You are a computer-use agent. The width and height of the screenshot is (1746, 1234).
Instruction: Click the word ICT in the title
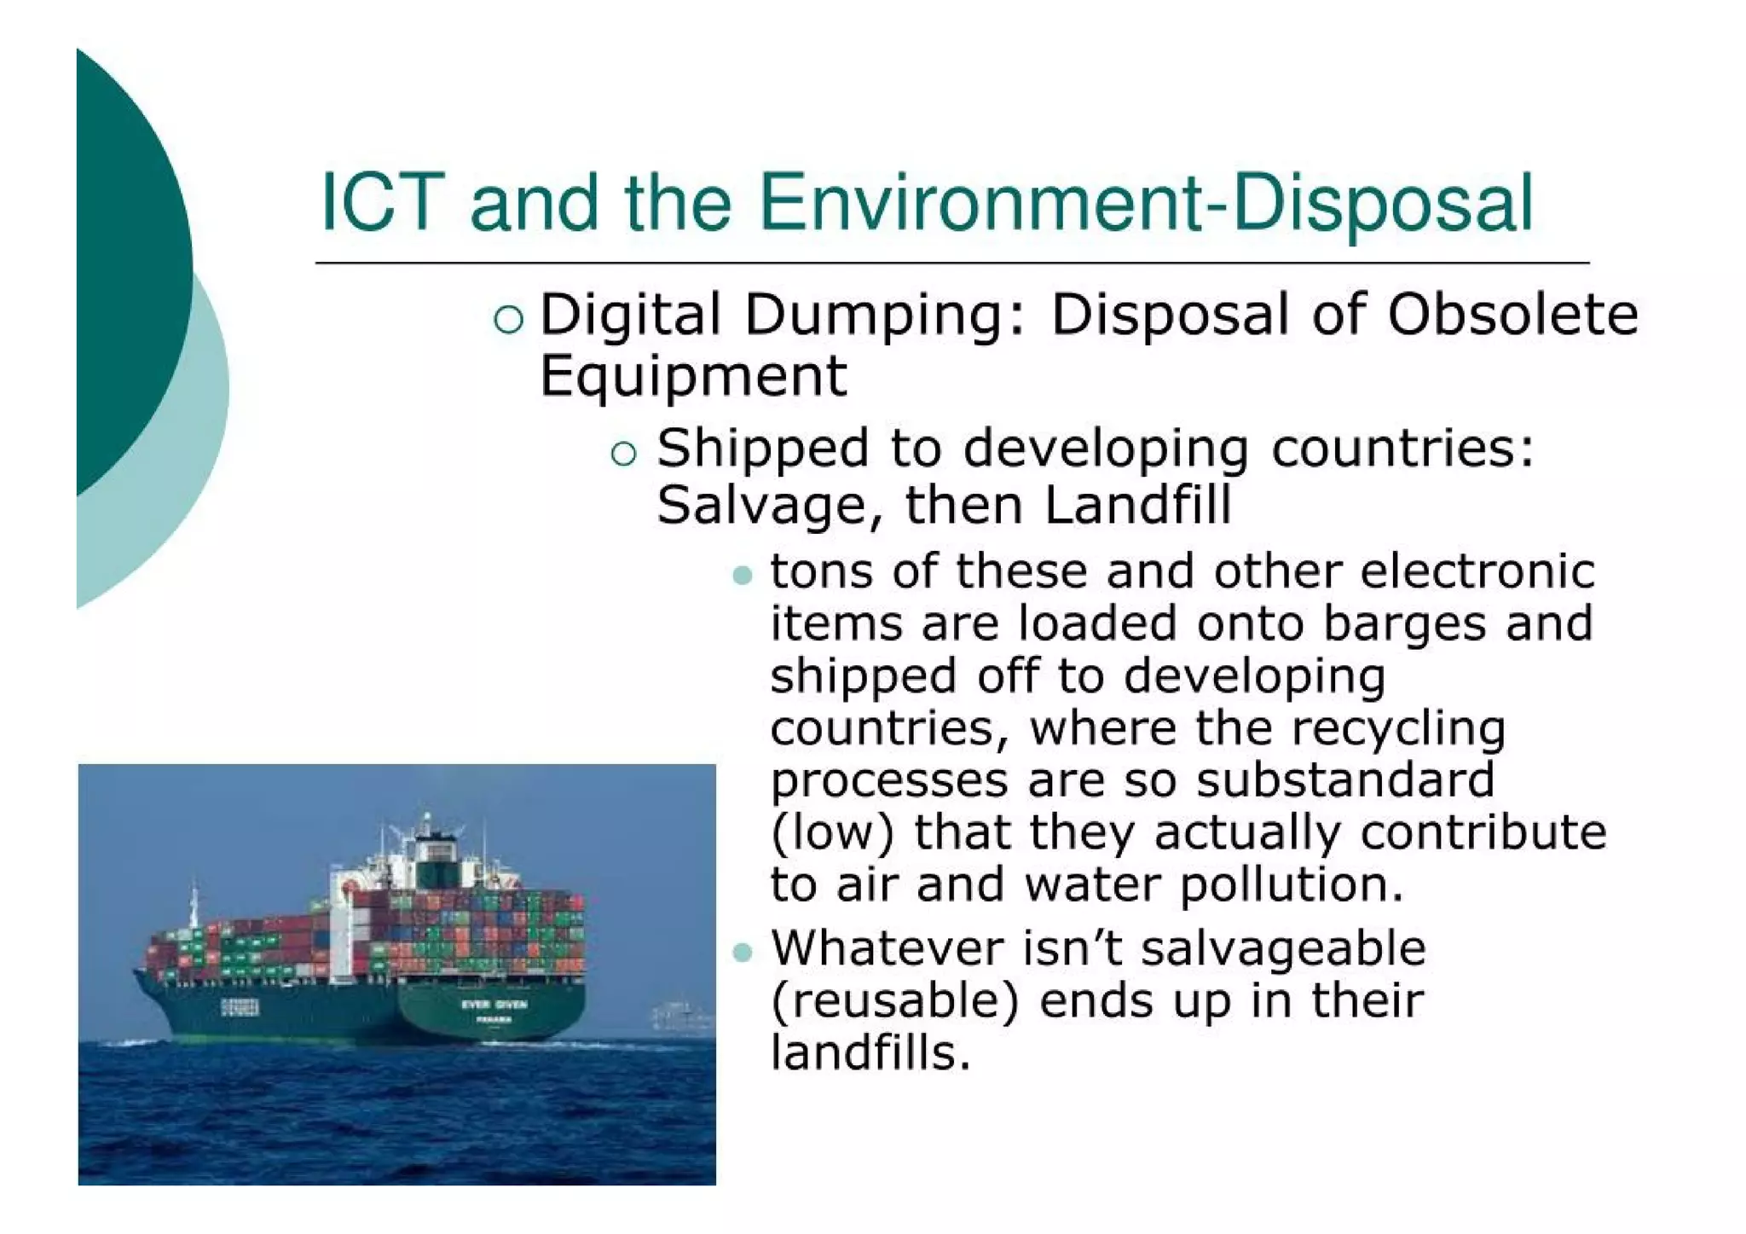(x=382, y=203)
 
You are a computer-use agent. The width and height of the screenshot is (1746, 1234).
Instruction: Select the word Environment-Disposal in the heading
(x=1145, y=205)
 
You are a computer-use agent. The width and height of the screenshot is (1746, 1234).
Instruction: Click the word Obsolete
(x=1512, y=314)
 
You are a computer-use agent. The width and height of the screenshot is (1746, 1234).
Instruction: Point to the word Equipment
(x=693, y=376)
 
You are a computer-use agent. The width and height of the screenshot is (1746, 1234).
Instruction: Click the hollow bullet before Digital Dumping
(x=508, y=319)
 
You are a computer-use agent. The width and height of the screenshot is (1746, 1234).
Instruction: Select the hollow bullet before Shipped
(x=624, y=453)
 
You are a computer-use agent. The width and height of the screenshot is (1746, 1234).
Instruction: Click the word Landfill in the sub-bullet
(x=1137, y=505)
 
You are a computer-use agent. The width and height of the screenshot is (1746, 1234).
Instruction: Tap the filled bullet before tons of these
(x=743, y=576)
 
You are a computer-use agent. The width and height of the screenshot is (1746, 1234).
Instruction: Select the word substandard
(x=1344, y=779)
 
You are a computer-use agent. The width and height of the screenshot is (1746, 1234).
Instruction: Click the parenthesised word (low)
(x=832, y=833)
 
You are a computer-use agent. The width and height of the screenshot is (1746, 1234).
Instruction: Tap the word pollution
(x=1290, y=885)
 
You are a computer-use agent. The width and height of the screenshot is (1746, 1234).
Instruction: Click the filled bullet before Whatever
(x=743, y=952)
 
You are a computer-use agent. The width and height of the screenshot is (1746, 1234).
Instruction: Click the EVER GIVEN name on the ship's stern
(x=494, y=1005)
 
